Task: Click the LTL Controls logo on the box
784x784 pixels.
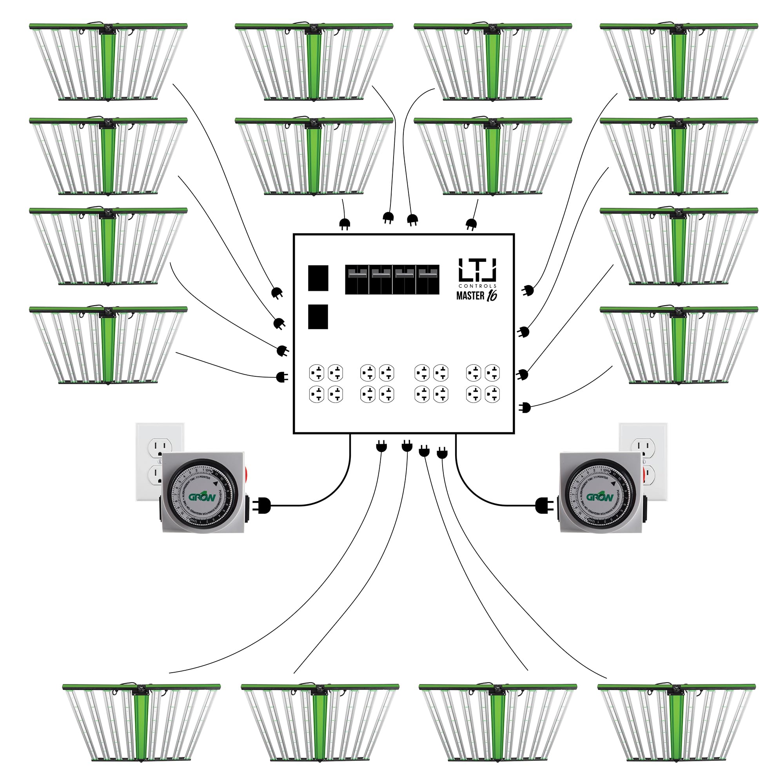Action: (x=477, y=270)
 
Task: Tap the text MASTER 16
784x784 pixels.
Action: (x=476, y=296)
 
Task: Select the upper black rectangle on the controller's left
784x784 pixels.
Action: (x=318, y=278)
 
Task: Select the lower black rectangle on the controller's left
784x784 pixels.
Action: (x=318, y=316)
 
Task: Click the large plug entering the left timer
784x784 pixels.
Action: (x=262, y=506)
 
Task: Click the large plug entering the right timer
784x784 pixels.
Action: (x=544, y=506)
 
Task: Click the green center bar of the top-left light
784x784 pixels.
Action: (x=108, y=65)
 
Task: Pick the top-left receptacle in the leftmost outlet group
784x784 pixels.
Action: (x=316, y=372)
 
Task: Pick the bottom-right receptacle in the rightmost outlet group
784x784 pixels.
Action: (x=492, y=394)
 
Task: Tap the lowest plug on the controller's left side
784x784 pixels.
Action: (x=281, y=377)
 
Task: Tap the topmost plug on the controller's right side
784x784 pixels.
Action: (x=528, y=290)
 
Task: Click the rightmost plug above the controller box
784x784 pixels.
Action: (x=471, y=224)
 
